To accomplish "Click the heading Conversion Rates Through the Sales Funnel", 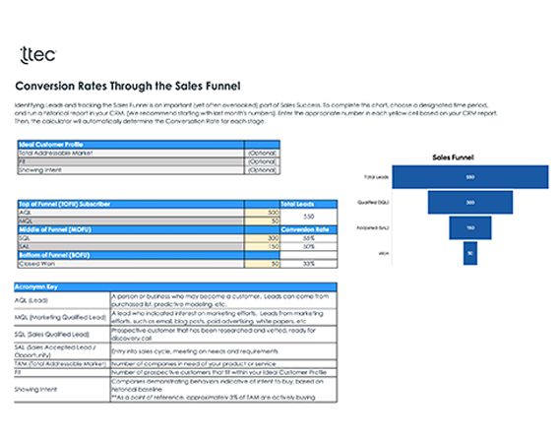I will (128, 87).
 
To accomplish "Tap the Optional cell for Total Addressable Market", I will (262, 153).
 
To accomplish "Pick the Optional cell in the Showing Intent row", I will (262, 169).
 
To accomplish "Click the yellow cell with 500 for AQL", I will (267, 212).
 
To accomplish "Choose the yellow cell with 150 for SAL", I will (267, 246).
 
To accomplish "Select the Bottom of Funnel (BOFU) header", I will (59, 255).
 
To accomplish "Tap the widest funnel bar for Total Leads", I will (470, 176).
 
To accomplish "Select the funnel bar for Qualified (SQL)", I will (470, 202).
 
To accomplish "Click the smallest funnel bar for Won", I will (470, 253).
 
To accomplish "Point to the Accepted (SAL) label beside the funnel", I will (377, 227).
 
